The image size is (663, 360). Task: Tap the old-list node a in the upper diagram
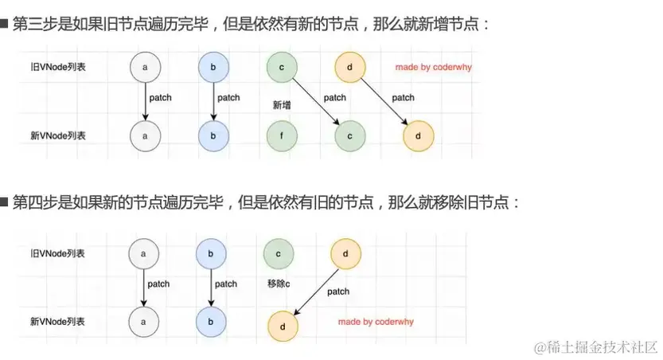144,68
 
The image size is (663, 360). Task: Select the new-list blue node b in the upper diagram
213,135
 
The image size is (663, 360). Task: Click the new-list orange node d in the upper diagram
419,135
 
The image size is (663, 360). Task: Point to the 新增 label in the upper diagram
281,104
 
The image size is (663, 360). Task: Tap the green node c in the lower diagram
278,253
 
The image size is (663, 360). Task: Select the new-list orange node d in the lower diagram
282,327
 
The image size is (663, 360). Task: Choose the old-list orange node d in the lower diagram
345,253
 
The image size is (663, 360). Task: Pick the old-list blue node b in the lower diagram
210,253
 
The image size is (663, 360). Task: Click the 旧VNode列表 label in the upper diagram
53,68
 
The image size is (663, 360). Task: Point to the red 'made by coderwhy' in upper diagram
433,67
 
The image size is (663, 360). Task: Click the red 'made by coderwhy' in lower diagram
375,322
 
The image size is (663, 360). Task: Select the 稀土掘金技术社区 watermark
595,347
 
